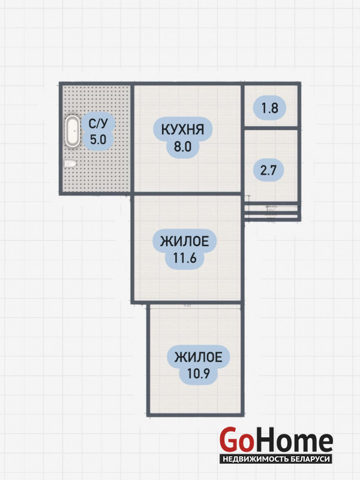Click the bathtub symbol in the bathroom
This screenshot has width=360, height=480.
pos(73,131)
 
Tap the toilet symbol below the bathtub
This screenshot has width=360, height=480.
pos(70,164)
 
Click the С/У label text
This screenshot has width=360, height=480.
pos(99,124)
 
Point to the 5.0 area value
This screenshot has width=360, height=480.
pos(98,140)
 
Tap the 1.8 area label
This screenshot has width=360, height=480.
pos(269,109)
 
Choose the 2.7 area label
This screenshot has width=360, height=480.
pos(268,169)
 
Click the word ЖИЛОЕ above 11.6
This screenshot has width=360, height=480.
pos(185,242)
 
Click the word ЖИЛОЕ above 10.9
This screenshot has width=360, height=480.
pos(199,358)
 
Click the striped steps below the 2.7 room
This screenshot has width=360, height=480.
pos(271,212)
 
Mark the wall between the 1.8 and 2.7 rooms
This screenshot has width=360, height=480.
pos(271,128)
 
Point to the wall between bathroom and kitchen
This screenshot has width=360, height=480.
pos(133,138)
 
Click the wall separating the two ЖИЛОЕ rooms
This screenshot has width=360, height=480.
pos(194,302)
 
